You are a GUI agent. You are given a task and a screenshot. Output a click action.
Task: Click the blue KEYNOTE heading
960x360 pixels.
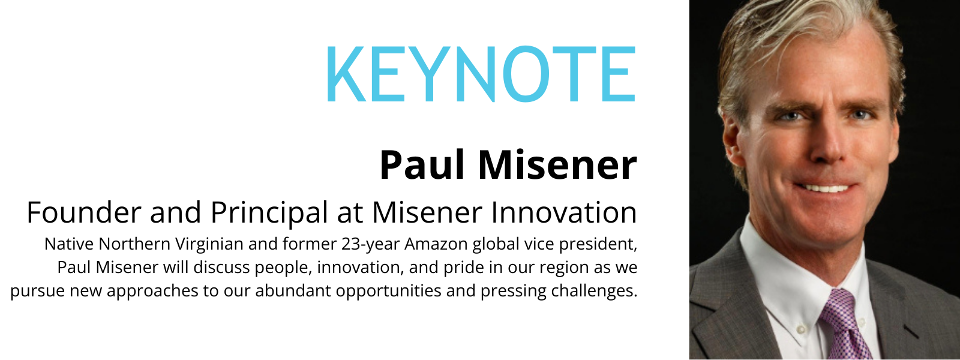(481, 74)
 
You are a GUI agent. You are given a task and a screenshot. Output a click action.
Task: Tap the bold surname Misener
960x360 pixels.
(557, 165)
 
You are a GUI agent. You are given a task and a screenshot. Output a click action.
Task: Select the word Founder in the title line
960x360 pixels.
(84, 212)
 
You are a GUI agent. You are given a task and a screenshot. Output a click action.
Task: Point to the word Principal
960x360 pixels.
(269, 213)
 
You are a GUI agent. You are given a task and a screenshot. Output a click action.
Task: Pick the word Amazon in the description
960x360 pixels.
(436, 244)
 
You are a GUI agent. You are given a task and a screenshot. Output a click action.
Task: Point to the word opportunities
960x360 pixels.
(388, 292)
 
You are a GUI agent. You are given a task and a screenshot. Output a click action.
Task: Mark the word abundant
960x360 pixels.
(293, 290)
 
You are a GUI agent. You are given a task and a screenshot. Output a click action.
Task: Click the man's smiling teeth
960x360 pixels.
(825, 188)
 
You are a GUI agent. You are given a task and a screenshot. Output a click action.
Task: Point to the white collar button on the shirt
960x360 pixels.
(800, 329)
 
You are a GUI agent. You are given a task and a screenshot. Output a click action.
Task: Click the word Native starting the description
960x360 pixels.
(69, 244)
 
